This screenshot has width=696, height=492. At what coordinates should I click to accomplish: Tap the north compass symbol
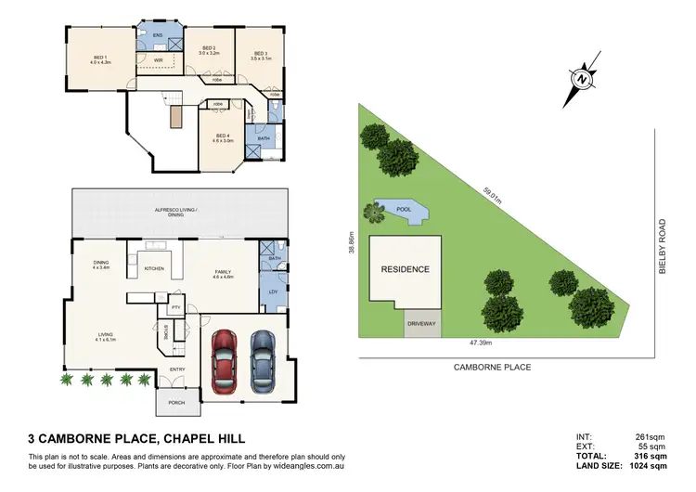(x=582, y=81)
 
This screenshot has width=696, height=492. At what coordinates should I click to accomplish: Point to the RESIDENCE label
(x=405, y=269)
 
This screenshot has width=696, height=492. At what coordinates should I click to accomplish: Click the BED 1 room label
(x=100, y=58)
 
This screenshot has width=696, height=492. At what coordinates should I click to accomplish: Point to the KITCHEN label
(x=154, y=269)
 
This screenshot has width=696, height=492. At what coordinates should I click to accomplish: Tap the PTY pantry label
(x=174, y=306)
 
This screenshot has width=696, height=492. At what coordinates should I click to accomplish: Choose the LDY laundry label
(x=273, y=292)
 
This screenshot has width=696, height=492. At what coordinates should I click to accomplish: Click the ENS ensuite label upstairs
(x=158, y=35)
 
